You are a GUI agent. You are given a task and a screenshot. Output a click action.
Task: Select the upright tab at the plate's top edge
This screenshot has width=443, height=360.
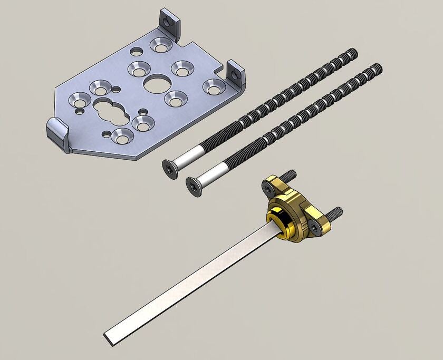170,24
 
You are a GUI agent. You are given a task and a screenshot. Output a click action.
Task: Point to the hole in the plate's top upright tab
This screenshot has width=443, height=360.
169,23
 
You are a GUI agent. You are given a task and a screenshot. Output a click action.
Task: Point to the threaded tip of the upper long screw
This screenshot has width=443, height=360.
352,52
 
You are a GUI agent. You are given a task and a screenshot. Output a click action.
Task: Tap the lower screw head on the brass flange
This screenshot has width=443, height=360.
315,228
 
